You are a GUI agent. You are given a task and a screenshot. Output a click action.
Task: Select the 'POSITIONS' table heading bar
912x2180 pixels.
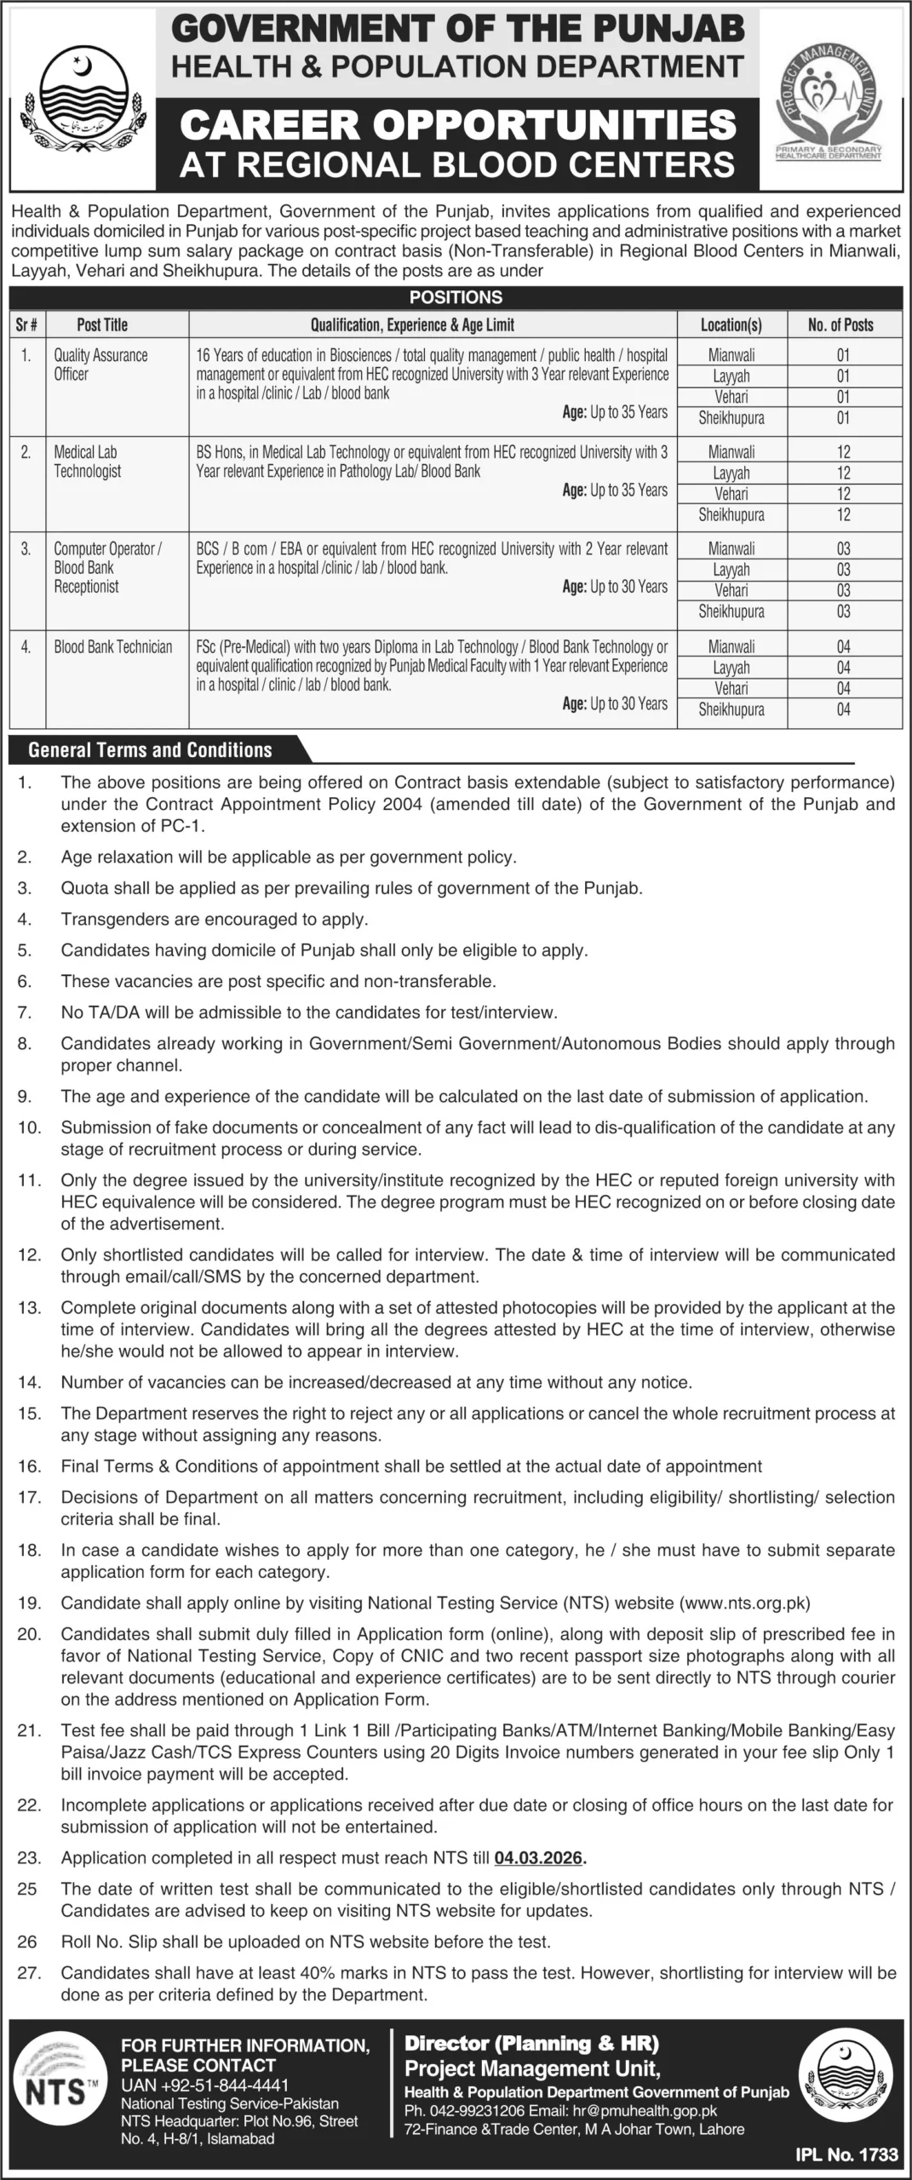pos(456,297)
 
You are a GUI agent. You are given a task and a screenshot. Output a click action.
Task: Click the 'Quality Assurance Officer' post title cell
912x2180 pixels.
pos(100,364)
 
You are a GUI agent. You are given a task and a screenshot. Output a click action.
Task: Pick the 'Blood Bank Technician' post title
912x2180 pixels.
pos(112,647)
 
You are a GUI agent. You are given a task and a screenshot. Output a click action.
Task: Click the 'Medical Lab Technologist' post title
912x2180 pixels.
pos(88,462)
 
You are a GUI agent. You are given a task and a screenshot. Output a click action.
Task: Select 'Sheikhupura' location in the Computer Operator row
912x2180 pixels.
pos(731,611)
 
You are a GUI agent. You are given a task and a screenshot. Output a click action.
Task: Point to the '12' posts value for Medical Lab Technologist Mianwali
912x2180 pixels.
pos(843,452)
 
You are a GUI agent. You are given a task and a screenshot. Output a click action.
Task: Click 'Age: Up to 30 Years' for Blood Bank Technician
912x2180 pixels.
pos(615,703)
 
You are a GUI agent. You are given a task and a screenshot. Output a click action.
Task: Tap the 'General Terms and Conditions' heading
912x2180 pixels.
pos(150,750)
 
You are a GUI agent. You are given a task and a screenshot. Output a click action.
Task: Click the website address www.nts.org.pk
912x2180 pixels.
pos(745,1603)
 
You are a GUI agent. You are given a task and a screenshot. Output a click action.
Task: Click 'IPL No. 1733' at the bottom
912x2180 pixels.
pos(846,2154)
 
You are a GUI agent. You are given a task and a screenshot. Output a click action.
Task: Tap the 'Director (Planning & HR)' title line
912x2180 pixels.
pos(531,2044)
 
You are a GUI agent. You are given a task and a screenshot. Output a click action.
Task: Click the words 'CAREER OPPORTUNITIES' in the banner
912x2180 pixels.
pos(458,125)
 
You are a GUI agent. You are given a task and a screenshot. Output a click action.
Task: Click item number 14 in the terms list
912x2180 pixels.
pos(29,1382)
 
